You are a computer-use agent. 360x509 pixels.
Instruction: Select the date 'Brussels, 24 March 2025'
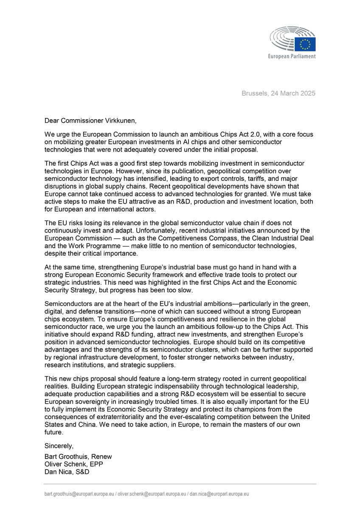(279, 93)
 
